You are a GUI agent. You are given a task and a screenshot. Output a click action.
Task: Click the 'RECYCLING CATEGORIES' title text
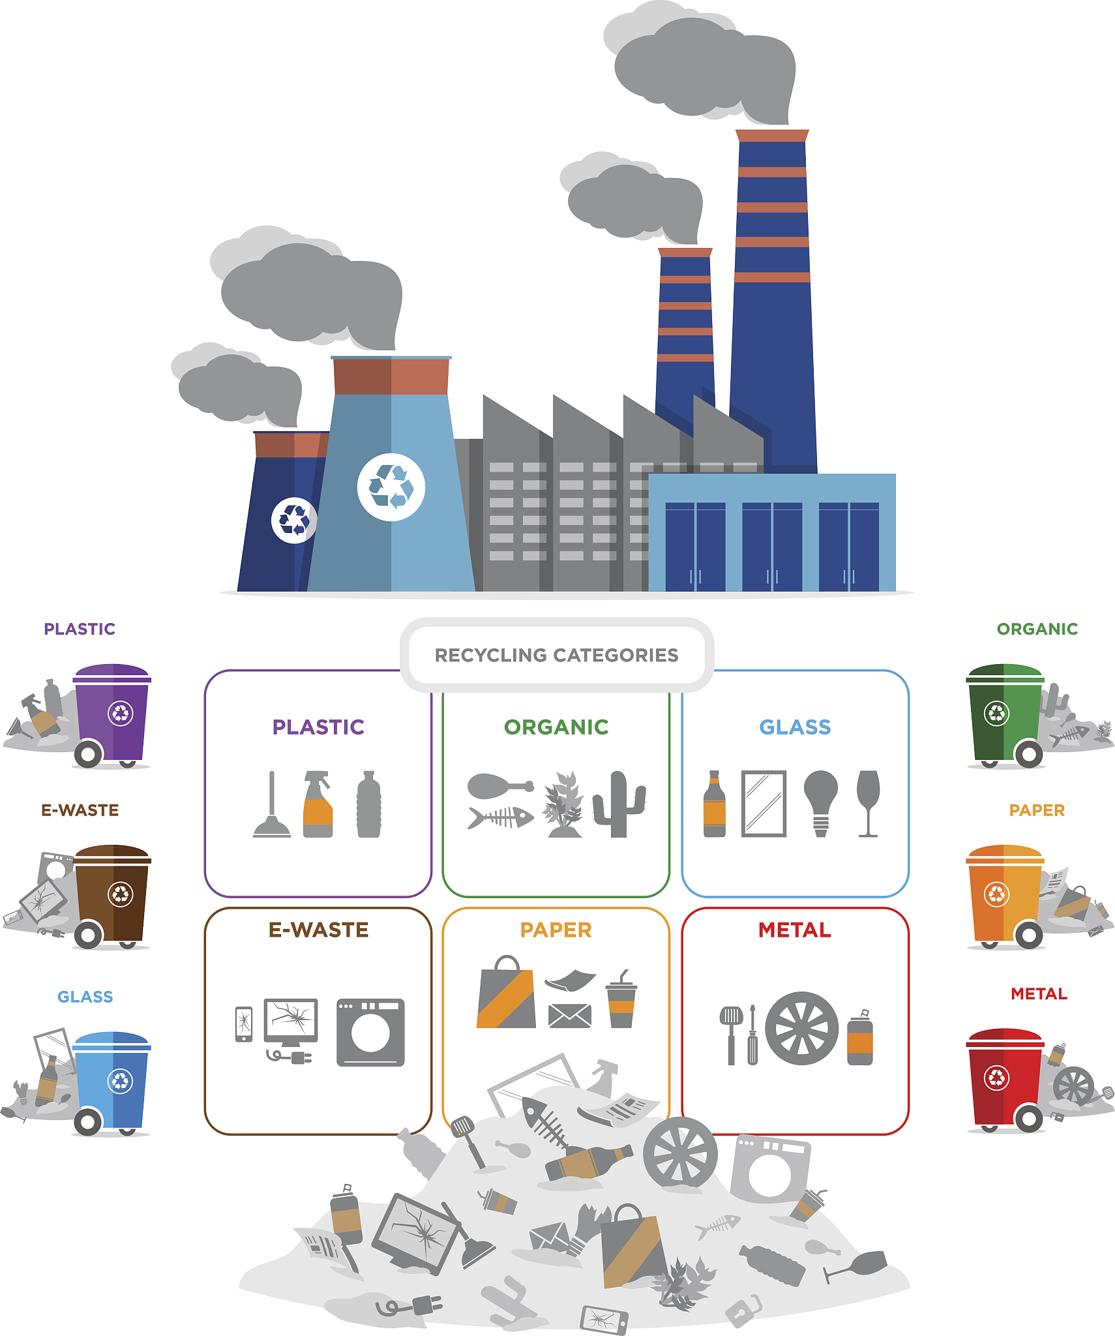[x=556, y=655]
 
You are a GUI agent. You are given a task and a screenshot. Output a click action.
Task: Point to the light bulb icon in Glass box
[x=821, y=803]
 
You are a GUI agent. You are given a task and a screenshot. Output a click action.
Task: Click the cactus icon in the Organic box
[x=619, y=804]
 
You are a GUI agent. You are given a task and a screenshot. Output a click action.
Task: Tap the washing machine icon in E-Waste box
[x=370, y=1033]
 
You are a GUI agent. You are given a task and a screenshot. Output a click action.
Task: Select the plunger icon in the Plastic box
[x=272, y=804]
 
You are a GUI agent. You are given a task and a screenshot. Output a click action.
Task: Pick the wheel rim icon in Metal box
[x=801, y=1029]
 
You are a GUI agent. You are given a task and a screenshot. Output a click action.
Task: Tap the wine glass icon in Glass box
[x=868, y=803]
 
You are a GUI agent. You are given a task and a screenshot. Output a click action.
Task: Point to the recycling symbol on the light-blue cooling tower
[x=391, y=487]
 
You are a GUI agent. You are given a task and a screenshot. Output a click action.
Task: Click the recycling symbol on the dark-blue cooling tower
[x=294, y=520]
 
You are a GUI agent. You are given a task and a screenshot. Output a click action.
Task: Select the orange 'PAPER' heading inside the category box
[x=556, y=930]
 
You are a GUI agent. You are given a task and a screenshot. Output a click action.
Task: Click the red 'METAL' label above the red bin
[x=1039, y=994]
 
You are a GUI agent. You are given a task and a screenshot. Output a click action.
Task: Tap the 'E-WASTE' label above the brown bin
[x=80, y=810]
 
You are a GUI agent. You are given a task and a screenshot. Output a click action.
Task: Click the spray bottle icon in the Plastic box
[x=318, y=804]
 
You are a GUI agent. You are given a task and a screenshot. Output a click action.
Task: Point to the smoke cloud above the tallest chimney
[x=704, y=65]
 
